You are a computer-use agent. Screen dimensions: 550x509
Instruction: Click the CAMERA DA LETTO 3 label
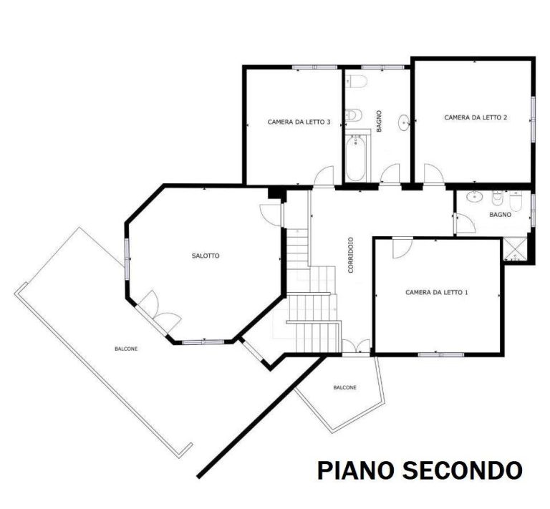pos(299,122)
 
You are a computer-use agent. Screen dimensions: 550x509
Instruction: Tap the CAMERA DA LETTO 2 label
pos(476,117)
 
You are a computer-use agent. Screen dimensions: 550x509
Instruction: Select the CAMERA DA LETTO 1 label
pos(436,292)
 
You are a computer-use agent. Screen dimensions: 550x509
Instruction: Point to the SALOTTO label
pos(206,256)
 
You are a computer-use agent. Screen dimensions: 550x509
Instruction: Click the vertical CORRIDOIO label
pos(350,255)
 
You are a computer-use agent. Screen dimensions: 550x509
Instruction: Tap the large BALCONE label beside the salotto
pos(126,349)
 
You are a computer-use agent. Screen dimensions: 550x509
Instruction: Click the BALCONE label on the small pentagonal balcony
pos(344,387)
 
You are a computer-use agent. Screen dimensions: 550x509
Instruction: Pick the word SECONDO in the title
pos(462,470)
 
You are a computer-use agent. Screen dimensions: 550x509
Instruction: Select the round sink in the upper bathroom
pos(405,122)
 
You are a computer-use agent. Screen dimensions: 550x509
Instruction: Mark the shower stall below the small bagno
pos(515,249)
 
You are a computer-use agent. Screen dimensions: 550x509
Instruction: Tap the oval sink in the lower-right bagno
pos(475,197)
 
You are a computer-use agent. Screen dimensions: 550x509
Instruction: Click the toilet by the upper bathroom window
pos(357,81)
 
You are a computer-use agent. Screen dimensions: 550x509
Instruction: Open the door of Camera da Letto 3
pos(324,175)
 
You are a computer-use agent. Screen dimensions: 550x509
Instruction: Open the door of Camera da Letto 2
pos(433,173)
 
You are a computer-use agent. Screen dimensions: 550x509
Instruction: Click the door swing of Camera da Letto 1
pos(402,248)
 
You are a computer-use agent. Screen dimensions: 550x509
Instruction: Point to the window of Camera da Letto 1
pos(441,354)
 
